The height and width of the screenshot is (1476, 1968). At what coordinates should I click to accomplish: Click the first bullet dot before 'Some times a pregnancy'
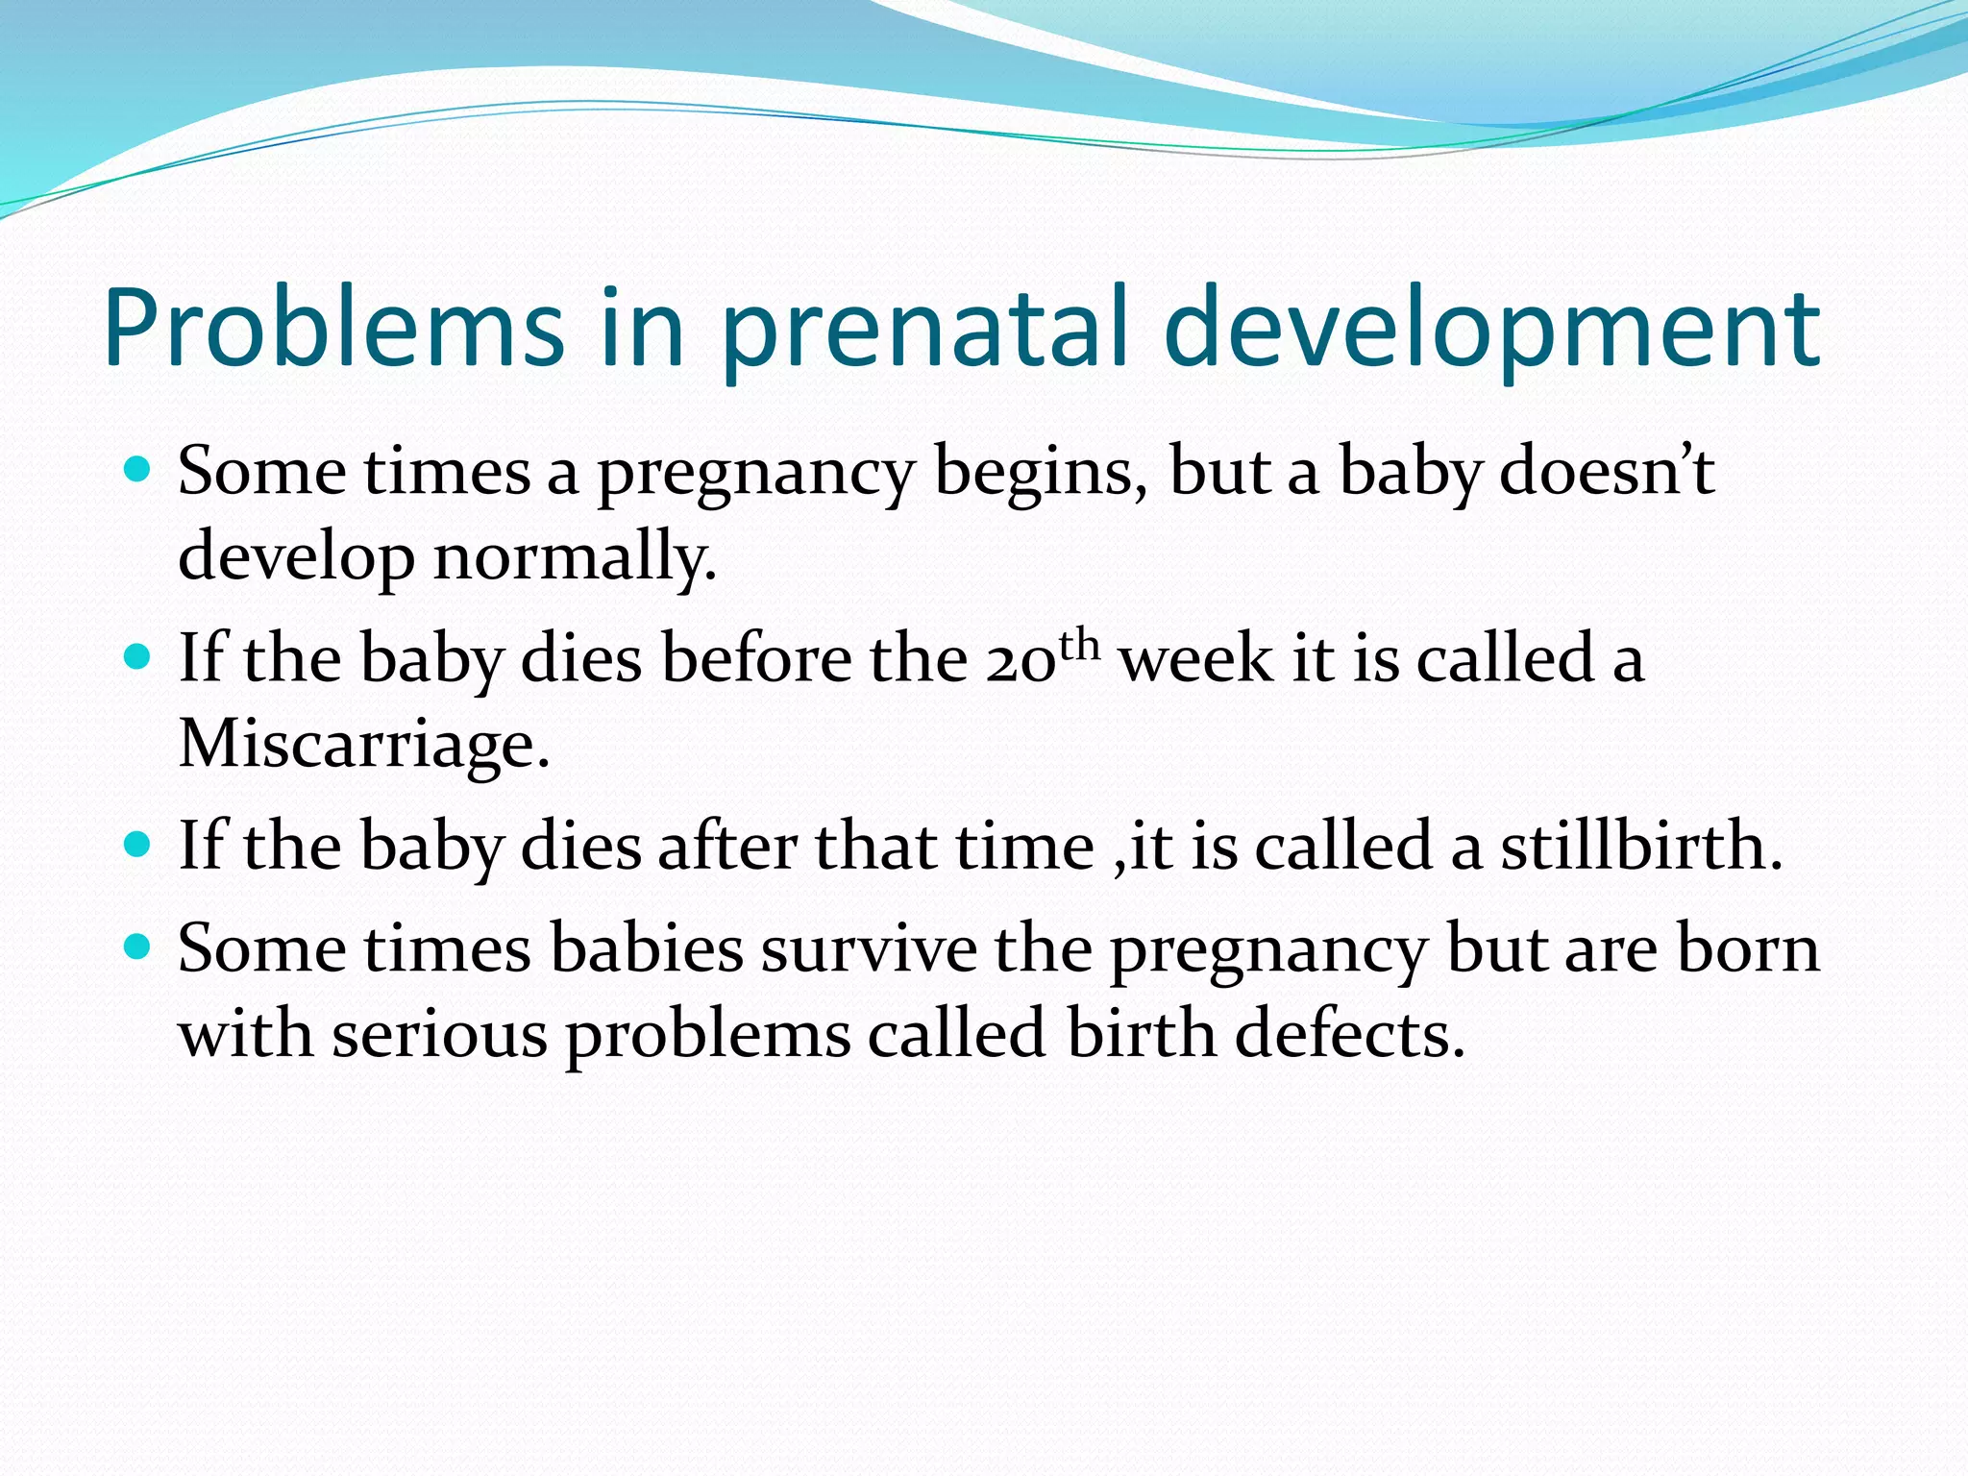coord(138,470)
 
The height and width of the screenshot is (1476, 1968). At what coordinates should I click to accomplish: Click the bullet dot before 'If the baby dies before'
coord(138,657)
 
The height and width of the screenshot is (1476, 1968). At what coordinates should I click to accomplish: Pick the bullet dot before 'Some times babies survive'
coord(138,947)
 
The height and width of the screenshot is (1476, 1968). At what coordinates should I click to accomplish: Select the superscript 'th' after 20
coord(1078,645)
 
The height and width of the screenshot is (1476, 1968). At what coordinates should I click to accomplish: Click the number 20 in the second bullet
coord(1021,661)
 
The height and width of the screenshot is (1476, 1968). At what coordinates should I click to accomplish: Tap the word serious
coord(439,1036)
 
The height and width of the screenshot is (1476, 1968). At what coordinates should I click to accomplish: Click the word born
coord(1749,949)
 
